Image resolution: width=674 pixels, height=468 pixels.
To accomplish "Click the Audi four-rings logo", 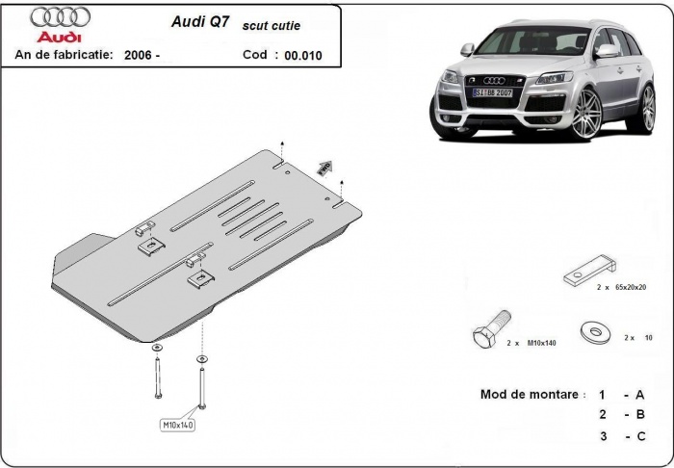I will (61, 17).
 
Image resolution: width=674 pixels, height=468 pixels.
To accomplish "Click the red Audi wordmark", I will (61, 37).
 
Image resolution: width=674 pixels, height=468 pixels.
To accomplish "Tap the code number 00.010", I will (303, 56).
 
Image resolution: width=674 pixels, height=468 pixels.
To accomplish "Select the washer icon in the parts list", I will (595, 330).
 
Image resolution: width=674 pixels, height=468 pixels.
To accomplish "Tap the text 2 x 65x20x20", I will (621, 288).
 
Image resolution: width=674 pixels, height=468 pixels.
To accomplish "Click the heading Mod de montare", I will (531, 395).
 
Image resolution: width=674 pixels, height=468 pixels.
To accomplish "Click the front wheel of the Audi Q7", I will (586, 114).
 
